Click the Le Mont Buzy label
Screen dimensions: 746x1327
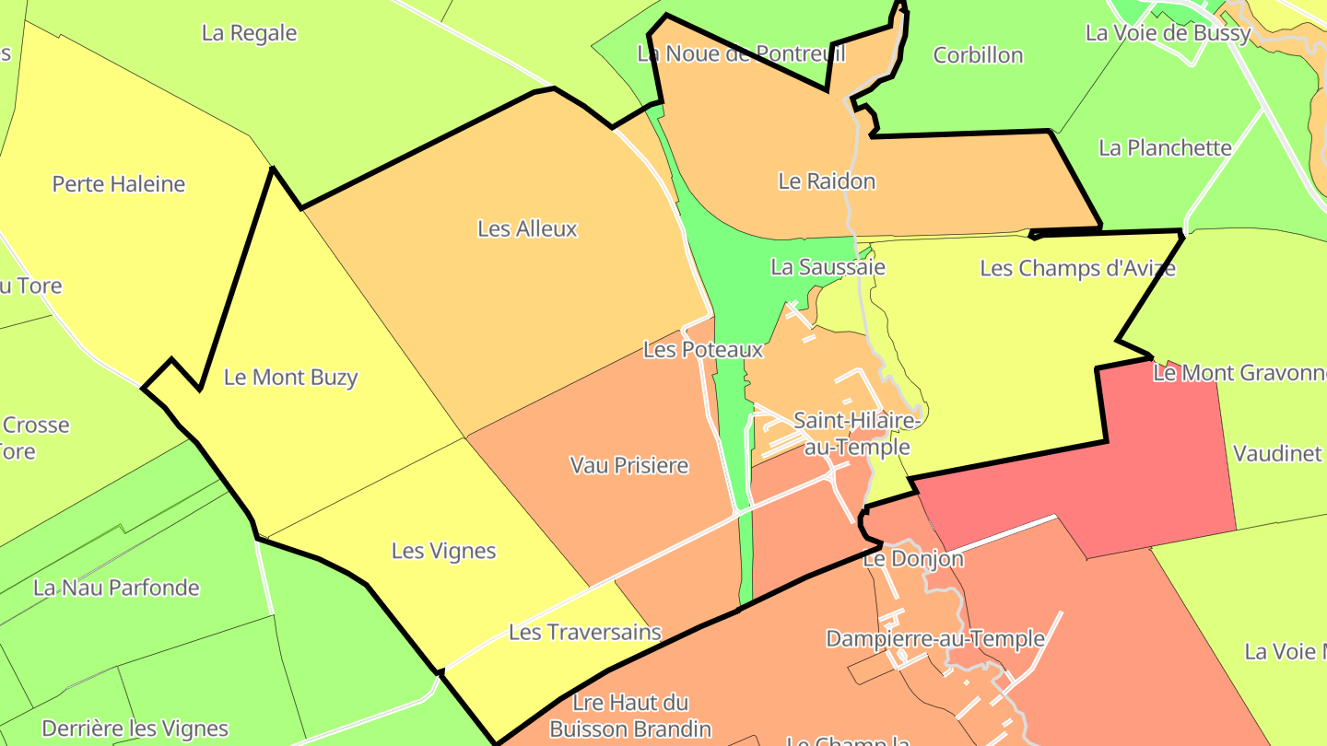pos(290,378)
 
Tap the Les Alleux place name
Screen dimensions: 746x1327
pos(527,228)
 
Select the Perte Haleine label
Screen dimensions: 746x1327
pos(119,184)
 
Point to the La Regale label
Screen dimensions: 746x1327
pos(249,33)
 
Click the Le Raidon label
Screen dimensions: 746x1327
pos(827,181)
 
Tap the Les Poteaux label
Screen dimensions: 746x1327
pos(703,350)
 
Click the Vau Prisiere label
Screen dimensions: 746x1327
pos(629,465)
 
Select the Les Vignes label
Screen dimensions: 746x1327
pos(443,551)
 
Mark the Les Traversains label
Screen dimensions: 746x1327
pos(585,632)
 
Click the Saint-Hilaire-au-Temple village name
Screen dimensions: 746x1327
pos(857,434)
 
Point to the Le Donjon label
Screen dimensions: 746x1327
pos(912,559)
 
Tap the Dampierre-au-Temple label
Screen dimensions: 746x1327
pos(934,638)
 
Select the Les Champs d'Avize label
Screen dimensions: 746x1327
pos(1077,268)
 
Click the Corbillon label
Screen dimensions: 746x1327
pos(978,55)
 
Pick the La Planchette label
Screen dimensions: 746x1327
pos(1165,147)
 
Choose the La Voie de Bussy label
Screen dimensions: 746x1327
pos(1168,33)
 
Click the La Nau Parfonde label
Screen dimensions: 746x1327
pos(116,588)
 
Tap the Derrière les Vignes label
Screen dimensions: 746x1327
pos(135,729)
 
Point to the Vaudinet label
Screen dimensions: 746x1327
pos(1276,453)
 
